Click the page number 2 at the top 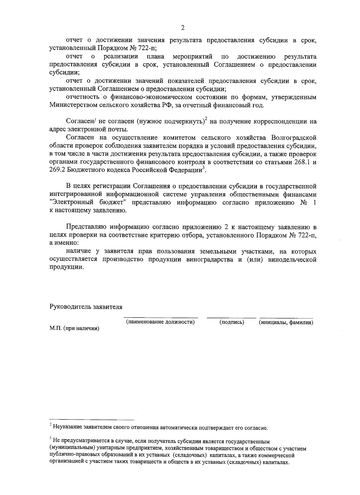[x=182, y=28]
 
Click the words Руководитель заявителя [x=86, y=307]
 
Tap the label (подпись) [x=232, y=322]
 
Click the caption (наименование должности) [x=160, y=322]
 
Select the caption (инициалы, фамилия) [x=286, y=322]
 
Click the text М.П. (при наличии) [x=74, y=328]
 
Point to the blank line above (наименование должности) [x=161, y=317]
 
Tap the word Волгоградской [x=294, y=138]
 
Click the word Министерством [x=72, y=105]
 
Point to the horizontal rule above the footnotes [x=92, y=420]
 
